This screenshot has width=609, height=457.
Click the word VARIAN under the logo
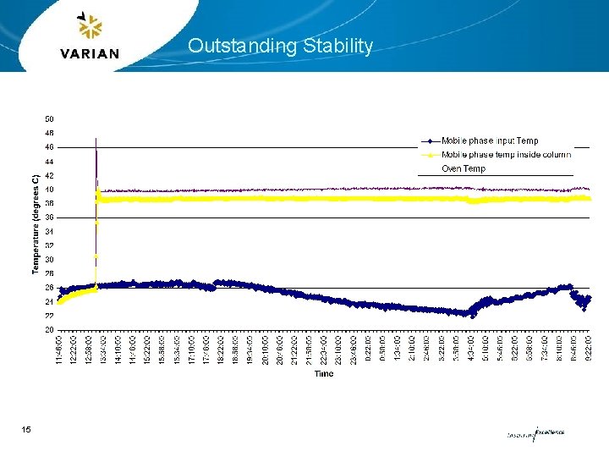point(90,53)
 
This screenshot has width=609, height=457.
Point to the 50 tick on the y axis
point(49,119)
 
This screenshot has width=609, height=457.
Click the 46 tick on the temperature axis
point(49,147)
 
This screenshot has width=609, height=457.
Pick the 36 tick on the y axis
point(49,217)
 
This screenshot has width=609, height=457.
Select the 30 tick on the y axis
point(49,260)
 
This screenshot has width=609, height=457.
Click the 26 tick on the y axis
point(49,288)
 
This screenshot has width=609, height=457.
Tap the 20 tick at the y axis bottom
point(49,329)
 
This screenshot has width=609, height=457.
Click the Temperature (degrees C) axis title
point(36,224)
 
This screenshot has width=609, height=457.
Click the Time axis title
point(324,374)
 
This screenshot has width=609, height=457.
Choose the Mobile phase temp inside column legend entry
point(505,154)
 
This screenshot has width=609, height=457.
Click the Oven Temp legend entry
point(464,168)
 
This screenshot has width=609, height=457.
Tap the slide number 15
point(26,431)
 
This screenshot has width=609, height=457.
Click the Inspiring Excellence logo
point(535,432)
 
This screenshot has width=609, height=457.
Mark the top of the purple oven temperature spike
point(96,138)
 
